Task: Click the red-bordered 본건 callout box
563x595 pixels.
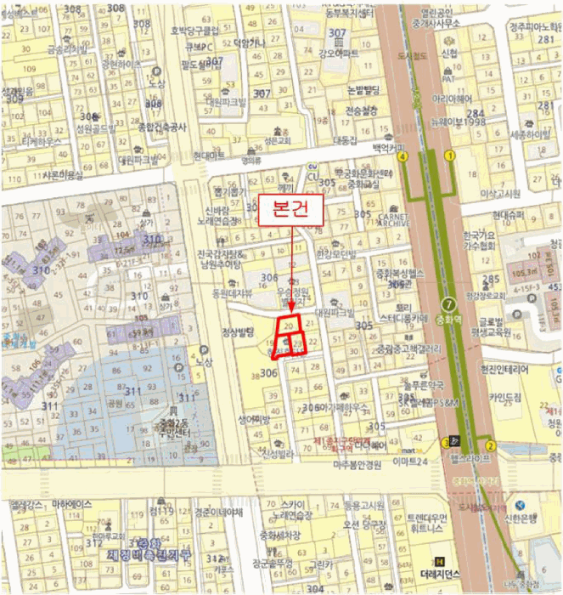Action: point(291,209)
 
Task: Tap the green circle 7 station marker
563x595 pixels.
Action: point(448,304)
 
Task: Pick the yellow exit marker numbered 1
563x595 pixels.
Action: point(449,156)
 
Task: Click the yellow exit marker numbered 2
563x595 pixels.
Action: point(491,445)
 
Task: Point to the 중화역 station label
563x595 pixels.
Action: point(446,321)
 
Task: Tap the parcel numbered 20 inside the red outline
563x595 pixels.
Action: point(290,326)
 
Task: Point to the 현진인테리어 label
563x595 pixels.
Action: point(504,371)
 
